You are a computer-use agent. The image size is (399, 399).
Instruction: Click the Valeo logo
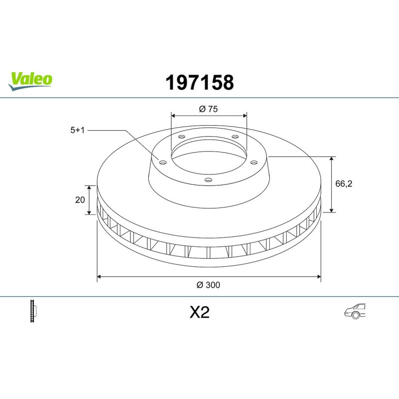click(30, 81)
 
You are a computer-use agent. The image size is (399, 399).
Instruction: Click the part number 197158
click(199, 82)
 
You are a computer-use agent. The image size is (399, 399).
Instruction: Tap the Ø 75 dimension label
click(208, 109)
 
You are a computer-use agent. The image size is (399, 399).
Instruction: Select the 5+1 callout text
click(77, 130)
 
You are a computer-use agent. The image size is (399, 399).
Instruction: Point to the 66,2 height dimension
click(344, 184)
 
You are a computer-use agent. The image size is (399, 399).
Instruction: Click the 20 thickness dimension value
click(80, 200)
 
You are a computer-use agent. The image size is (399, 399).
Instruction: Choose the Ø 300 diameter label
click(208, 285)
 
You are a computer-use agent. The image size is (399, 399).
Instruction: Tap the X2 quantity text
click(199, 312)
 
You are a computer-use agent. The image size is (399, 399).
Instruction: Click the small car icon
click(355, 311)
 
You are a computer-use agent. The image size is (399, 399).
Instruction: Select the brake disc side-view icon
click(33, 311)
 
